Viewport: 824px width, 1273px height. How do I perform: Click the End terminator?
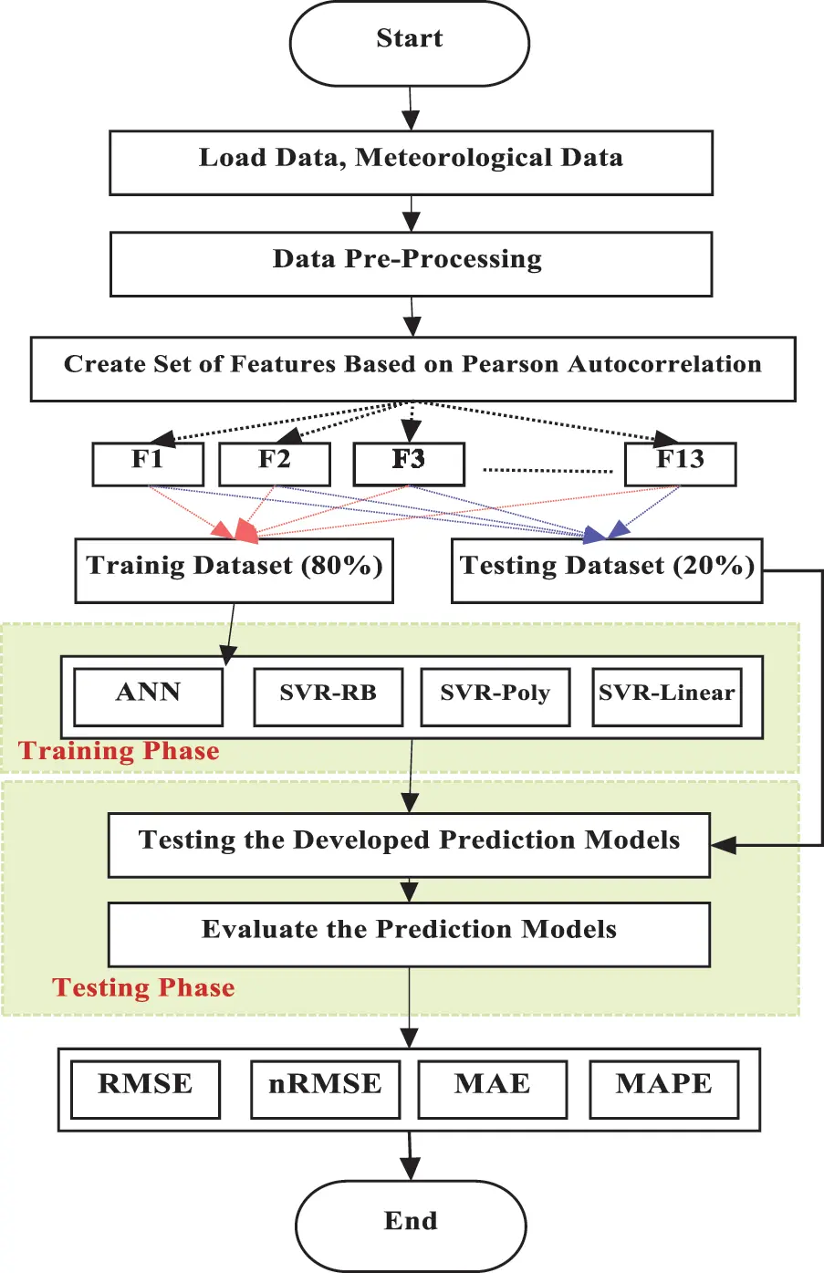[411, 1223]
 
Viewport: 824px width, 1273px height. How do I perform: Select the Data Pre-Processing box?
[411, 263]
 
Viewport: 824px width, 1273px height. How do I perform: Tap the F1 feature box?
[148, 463]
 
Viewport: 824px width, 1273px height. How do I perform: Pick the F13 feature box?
[680, 463]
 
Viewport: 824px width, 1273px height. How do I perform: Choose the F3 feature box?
[409, 463]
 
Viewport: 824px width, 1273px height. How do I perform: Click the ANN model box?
[148, 696]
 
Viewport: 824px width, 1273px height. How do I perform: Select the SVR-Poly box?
[495, 696]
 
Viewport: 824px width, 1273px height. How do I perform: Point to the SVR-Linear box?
[667, 696]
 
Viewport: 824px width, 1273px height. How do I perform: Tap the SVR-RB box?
[328, 696]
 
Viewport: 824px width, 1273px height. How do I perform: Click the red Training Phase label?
[120, 751]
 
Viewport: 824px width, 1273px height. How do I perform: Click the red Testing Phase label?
[144, 987]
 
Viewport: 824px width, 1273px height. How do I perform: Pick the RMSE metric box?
[145, 1088]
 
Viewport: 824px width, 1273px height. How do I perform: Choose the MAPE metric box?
[663, 1088]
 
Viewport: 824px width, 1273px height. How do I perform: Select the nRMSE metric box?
[325, 1088]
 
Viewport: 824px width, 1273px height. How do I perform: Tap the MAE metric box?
[492, 1088]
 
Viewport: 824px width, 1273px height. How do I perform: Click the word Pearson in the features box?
[510, 364]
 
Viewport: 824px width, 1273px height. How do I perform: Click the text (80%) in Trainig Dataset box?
[342, 566]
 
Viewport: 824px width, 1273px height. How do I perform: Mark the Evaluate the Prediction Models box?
[409, 934]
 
